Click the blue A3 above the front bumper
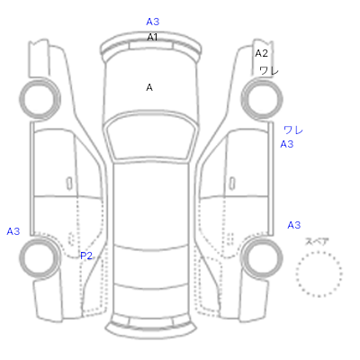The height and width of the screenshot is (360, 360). point(153,22)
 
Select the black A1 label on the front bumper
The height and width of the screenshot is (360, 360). point(152,37)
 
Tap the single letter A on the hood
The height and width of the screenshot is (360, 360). point(149,87)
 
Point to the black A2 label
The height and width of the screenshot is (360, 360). point(261,53)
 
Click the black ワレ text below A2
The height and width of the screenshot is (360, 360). point(269,71)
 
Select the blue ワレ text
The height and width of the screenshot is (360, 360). point(293,130)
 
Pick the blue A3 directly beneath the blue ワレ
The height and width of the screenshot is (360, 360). point(287,144)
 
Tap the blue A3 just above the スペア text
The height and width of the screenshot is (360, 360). point(294,225)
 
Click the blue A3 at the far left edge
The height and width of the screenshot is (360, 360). point(13,231)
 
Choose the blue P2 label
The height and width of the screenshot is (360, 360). point(86,256)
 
